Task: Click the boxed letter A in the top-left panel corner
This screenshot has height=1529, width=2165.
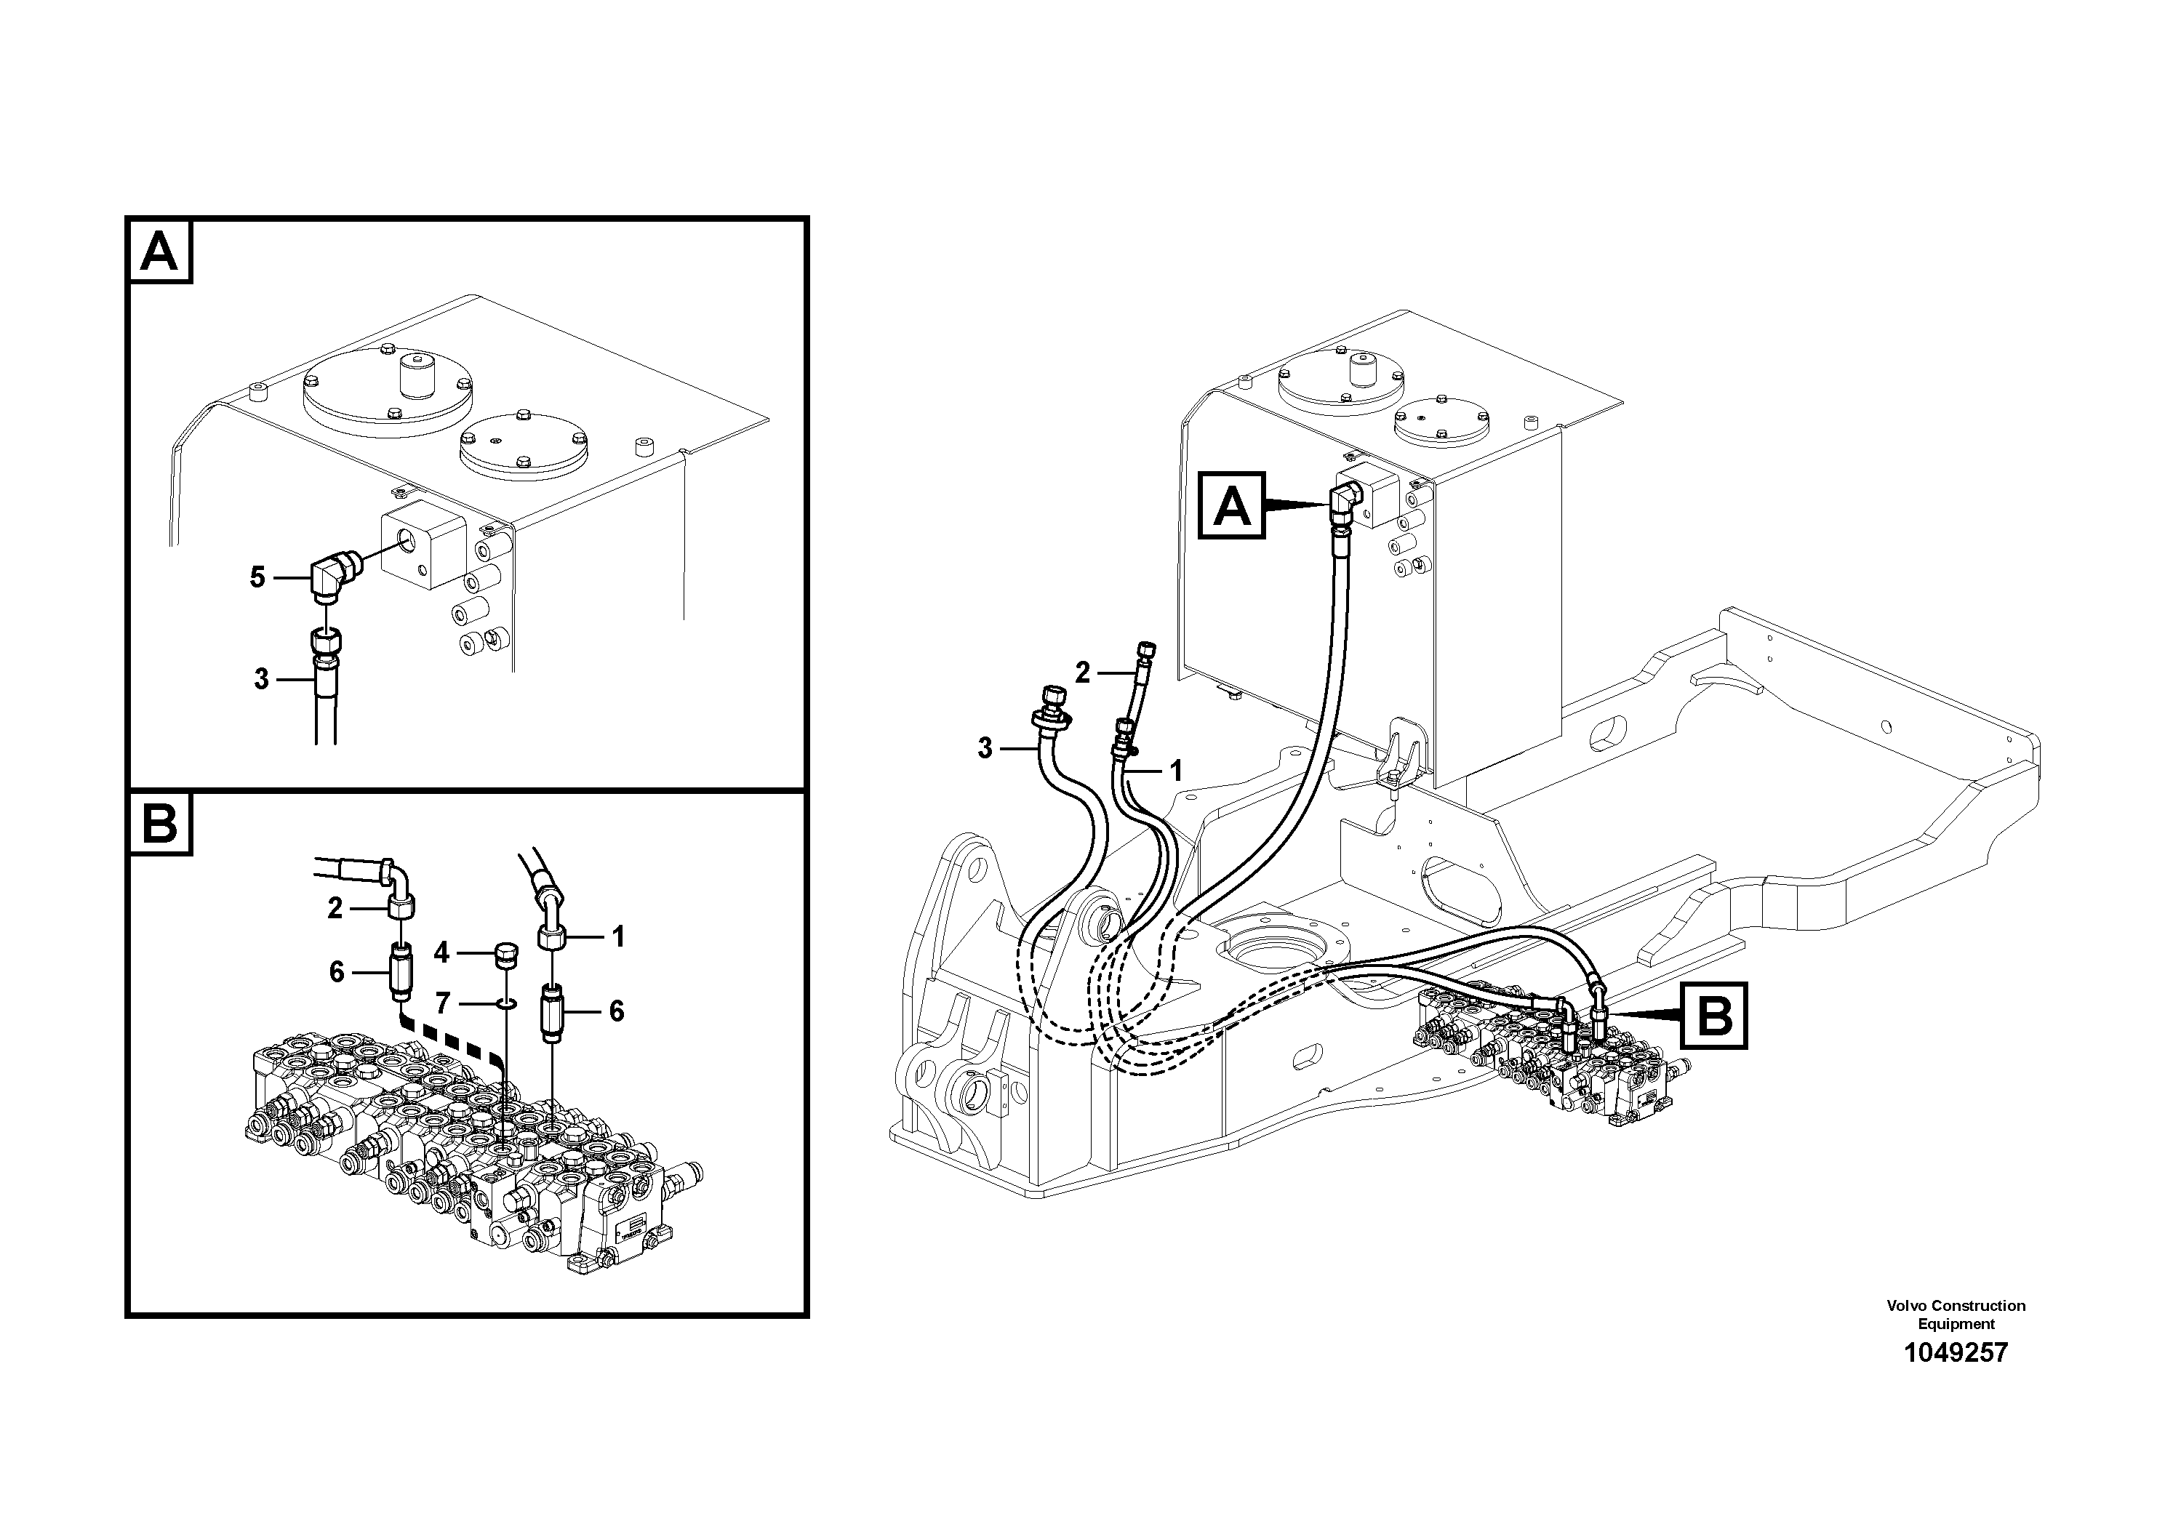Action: [159, 252]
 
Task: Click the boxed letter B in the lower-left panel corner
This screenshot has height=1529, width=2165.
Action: [159, 824]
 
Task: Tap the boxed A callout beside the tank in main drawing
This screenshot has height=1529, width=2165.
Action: [1231, 507]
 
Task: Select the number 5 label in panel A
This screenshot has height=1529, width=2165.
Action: [257, 577]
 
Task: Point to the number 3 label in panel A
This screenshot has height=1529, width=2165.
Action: [261, 679]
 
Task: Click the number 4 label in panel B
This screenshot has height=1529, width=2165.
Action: [441, 953]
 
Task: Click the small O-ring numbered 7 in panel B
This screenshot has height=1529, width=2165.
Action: [505, 1005]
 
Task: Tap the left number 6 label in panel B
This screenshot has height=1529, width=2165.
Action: [337, 972]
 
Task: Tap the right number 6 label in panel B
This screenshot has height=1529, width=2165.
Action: [616, 1011]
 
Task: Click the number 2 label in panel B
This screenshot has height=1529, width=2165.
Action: [335, 908]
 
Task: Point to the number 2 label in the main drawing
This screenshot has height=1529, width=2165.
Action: [1082, 672]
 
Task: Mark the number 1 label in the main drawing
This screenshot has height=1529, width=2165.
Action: [1175, 771]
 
